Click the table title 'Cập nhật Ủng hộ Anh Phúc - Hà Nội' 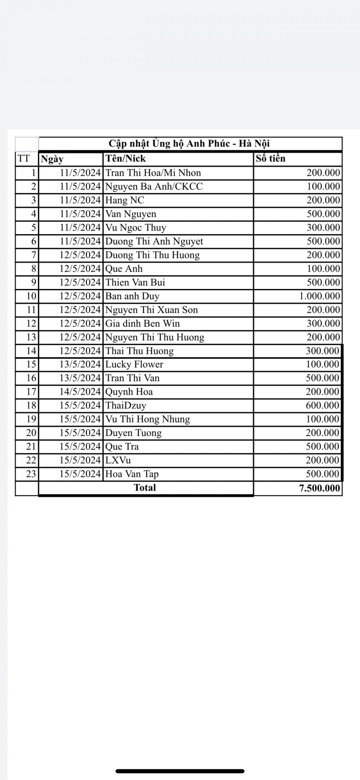(189, 144)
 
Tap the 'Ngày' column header (52, 159)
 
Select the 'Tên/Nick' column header (126, 158)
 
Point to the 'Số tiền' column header (270, 158)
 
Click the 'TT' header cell (23, 158)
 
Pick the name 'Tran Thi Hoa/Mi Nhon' (153, 173)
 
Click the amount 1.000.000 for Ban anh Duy (319, 296)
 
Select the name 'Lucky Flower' (134, 364)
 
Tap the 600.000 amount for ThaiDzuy (322, 405)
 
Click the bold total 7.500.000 (319, 488)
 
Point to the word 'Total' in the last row (145, 488)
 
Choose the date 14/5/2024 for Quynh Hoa (80, 392)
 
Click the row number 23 (31, 474)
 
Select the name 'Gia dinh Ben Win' (142, 323)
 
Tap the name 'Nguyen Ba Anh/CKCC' (154, 186)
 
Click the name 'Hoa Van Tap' (132, 474)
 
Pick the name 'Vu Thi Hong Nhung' (147, 419)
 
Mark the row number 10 (31, 296)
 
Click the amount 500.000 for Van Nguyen (323, 214)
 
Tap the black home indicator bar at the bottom (180, 771)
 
